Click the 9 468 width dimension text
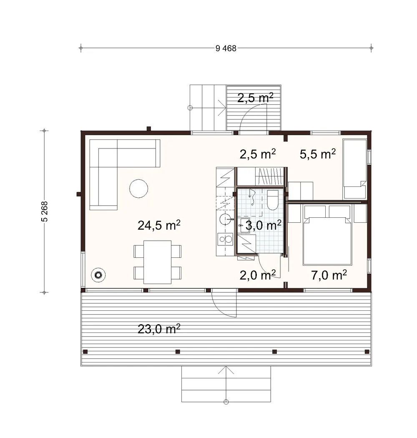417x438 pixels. (x=226, y=48)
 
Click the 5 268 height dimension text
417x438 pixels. (x=44, y=211)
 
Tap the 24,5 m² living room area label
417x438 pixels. (x=159, y=225)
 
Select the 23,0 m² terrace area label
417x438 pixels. (x=159, y=329)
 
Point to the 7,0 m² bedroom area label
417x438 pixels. (x=329, y=275)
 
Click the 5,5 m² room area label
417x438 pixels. (x=318, y=154)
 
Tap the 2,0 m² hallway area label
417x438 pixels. (x=258, y=275)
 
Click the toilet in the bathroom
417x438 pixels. (x=273, y=200)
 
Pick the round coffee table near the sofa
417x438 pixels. (x=138, y=189)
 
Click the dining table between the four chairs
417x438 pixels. (x=158, y=262)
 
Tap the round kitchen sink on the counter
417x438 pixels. (x=225, y=219)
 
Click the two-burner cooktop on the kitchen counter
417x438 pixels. (x=226, y=239)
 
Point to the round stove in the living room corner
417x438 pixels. (x=98, y=275)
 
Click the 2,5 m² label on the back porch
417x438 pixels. (x=255, y=98)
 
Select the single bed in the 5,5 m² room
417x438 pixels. (x=355, y=169)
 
